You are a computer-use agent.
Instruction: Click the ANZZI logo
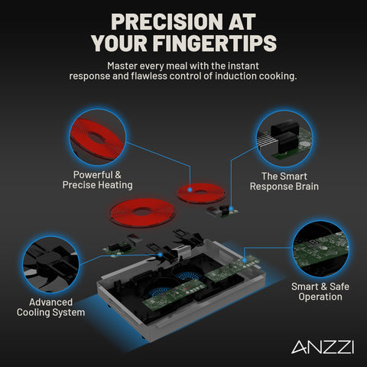click(x=323, y=346)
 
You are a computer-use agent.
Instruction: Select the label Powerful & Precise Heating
click(x=98, y=180)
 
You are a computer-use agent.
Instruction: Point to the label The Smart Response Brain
click(x=284, y=181)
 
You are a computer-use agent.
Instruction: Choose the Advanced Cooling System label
click(x=51, y=307)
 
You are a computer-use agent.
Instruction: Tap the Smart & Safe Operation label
click(x=320, y=291)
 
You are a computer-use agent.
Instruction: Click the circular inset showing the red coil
click(x=98, y=138)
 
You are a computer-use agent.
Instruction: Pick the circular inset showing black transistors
click(x=284, y=138)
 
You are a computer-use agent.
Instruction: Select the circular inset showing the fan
click(x=50, y=265)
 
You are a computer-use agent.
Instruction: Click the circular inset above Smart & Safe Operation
click(x=320, y=248)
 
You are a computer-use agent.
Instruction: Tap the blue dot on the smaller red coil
click(x=190, y=190)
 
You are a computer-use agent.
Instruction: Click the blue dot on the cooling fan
click(x=160, y=255)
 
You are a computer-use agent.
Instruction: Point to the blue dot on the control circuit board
click(x=245, y=260)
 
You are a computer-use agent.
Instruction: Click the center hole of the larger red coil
click(x=141, y=211)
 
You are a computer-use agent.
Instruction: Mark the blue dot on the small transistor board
click(x=231, y=209)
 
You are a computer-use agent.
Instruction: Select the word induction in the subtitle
click(x=235, y=76)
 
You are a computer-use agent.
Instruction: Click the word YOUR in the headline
click(x=119, y=43)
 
